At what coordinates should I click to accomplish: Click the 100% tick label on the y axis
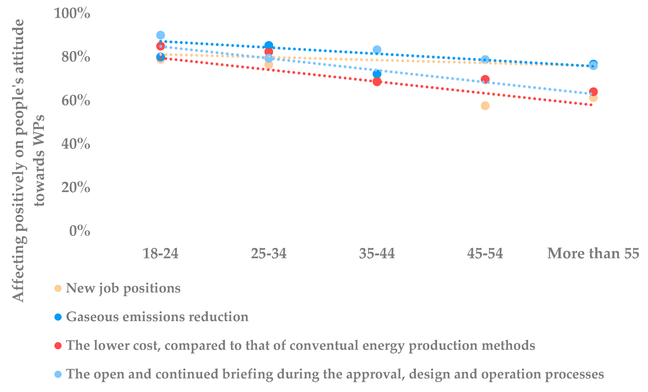click(x=72, y=13)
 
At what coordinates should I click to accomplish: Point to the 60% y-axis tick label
click(x=76, y=100)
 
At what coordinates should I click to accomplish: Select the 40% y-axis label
click(x=76, y=144)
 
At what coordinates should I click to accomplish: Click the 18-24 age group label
click(x=160, y=253)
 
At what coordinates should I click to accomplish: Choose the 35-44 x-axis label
click(x=377, y=253)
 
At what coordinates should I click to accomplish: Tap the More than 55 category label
click(x=593, y=253)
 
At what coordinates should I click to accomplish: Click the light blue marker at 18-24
click(x=160, y=35)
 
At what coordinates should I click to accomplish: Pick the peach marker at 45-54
click(x=485, y=106)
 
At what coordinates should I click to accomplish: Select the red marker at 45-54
click(x=485, y=79)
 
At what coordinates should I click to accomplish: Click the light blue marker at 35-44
click(x=377, y=49)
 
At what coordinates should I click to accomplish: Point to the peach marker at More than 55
click(x=593, y=98)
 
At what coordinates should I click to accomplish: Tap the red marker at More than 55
click(x=593, y=92)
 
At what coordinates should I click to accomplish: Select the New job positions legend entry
click(x=123, y=288)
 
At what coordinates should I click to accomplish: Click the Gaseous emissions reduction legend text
click(x=157, y=317)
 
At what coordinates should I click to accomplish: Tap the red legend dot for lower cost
click(x=58, y=345)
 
